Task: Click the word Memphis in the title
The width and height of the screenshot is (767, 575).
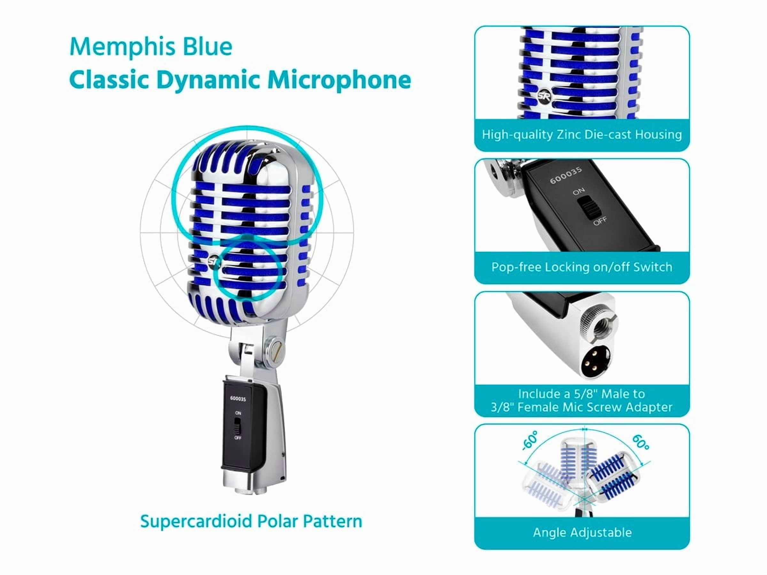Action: (x=122, y=47)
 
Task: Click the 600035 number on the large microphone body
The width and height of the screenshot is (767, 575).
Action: (x=238, y=399)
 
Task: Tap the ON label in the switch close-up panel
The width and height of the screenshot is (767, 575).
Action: (x=579, y=191)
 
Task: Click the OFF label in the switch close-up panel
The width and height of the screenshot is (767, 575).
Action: (x=600, y=220)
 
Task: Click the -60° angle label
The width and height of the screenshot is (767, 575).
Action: (x=530, y=440)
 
